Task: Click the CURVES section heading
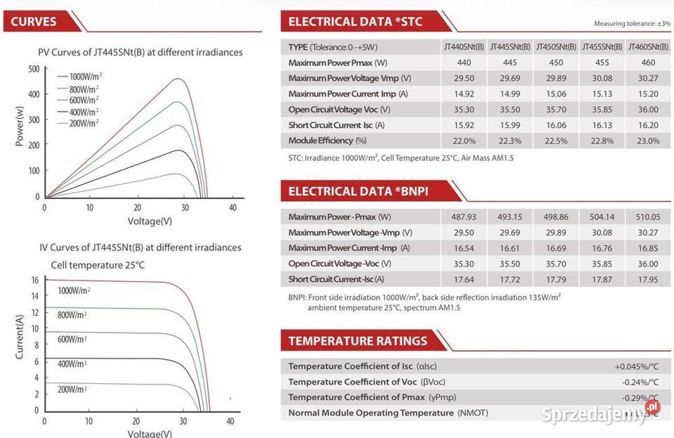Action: pyautogui.click(x=34, y=21)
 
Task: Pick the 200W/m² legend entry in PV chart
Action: pyautogui.click(x=82, y=124)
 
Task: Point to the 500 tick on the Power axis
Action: pyautogui.click(x=34, y=69)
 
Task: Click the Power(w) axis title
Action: pyautogui.click(x=20, y=127)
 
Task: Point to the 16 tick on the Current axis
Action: pyautogui.click(x=34, y=280)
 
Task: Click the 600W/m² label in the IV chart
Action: pyautogui.click(x=72, y=339)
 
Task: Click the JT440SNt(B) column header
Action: pyautogui.click(x=463, y=47)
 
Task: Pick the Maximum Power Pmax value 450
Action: pyautogui.click(x=555, y=63)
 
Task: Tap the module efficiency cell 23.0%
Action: pyautogui.click(x=648, y=141)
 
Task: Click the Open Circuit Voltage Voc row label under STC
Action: pyautogui.click(x=339, y=110)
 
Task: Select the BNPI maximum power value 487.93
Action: pyautogui.click(x=463, y=217)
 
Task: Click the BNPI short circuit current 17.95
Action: pyautogui.click(x=648, y=279)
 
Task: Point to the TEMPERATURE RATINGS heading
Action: pyautogui.click(x=357, y=341)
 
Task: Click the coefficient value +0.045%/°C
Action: pyautogui.click(x=636, y=366)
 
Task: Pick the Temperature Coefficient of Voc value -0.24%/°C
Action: pyautogui.click(x=640, y=382)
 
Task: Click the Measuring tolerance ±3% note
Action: pyautogui.click(x=632, y=23)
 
